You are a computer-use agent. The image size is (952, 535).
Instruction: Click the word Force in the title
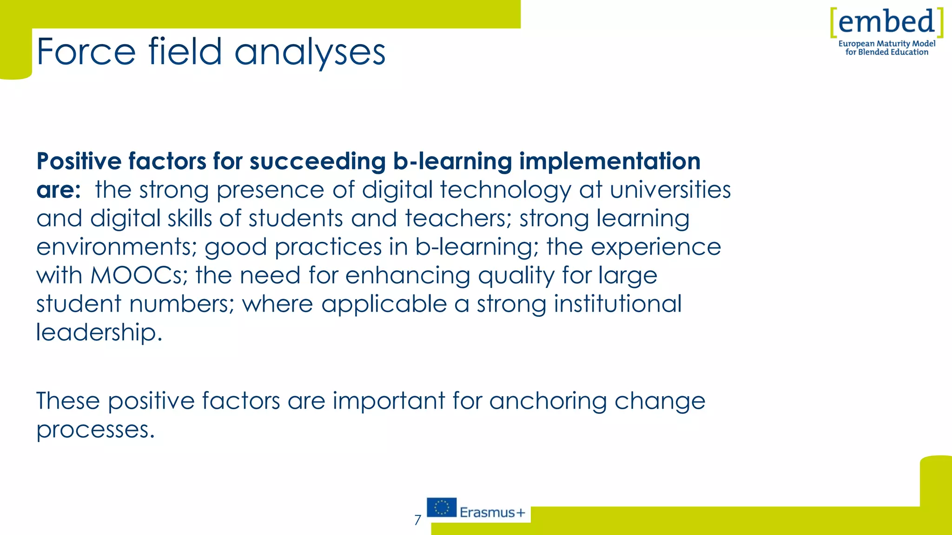tap(86, 52)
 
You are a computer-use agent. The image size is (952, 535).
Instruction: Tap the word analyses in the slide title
tap(310, 52)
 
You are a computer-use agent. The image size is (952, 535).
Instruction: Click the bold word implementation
tap(609, 161)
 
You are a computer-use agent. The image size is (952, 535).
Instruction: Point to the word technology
tap(505, 190)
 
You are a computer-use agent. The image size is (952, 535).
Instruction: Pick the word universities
tap(670, 189)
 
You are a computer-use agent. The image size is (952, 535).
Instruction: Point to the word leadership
tap(99, 333)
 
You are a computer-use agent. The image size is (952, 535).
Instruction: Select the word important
tap(389, 401)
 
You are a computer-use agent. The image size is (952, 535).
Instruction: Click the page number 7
tap(417, 520)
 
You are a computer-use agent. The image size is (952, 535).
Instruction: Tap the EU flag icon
tap(442, 508)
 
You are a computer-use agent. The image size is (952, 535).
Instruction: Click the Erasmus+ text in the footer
tap(492, 513)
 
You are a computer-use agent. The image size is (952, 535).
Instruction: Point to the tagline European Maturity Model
tap(886, 44)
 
